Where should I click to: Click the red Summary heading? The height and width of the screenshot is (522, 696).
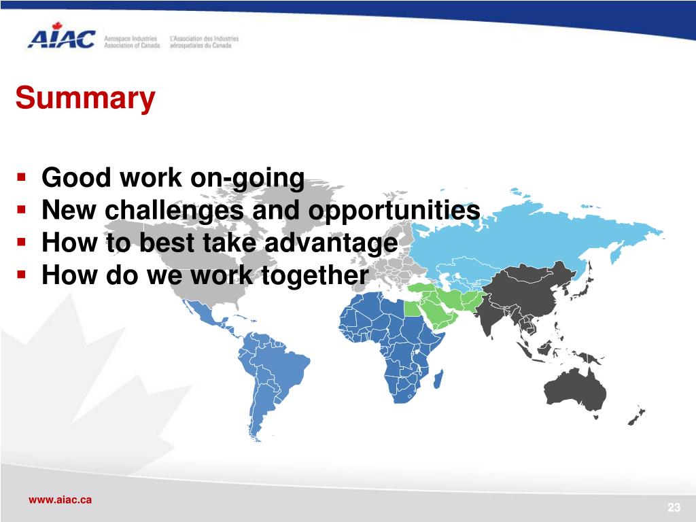pos(85,98)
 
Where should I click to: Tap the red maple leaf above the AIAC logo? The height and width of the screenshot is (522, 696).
pos(57,26)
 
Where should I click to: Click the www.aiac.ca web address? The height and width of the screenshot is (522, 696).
pos(60,500)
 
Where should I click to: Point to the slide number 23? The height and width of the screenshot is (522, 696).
pos(674,507)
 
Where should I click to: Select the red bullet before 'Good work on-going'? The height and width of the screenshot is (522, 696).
pos(21,177)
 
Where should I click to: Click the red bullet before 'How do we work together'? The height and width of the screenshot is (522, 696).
pos(21,275)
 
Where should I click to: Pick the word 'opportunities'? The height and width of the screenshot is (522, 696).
pos(394,211)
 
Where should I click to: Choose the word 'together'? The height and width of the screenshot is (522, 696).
pos(315,276)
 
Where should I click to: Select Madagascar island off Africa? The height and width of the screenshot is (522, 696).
pos(438,379)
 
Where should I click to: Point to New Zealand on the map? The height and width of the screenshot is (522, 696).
pos(636,416)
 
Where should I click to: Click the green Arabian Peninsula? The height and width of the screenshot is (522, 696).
pos(440,311)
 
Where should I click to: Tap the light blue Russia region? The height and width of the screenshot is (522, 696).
pos(533,235)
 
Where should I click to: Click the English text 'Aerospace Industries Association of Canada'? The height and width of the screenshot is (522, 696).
pos(132,42)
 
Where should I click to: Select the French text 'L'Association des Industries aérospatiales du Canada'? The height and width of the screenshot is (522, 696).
pos(204,42)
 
